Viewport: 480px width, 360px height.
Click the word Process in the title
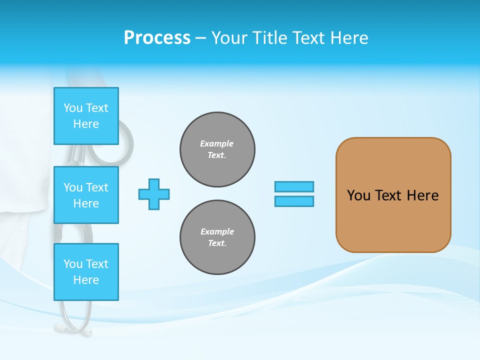point(157,38)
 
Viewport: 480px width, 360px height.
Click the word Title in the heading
point(271,38)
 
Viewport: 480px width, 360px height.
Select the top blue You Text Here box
point(86,116)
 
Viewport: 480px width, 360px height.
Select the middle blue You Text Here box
point(86,195)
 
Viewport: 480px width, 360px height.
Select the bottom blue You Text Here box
point(86,272)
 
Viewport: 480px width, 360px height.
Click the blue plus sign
point(154,194)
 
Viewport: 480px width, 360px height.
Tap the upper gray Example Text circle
point(217,149)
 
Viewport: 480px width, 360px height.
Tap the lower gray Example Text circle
point(217,237)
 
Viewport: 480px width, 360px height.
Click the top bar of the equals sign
point(294,186)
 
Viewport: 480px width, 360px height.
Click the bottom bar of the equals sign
point(294,201)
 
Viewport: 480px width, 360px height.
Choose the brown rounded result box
point(393,195)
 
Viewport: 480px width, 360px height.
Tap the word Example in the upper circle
point(217,143)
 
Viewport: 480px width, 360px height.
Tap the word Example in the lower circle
point(217,231)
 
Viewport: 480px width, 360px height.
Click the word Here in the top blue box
point(86,124)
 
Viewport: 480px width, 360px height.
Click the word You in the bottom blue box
point(73,264)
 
